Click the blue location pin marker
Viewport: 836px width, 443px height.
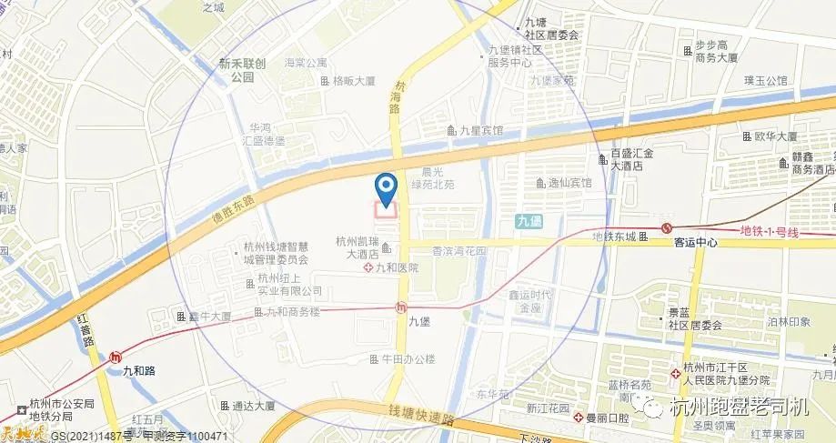tap(387, 189)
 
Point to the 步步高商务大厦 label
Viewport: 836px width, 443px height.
tap(714, 51)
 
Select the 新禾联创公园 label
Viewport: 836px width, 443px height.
tap(241, 71)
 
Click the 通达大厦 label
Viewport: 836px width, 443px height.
tap(252, 406)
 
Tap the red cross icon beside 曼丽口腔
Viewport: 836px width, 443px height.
tap(578, 418)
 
